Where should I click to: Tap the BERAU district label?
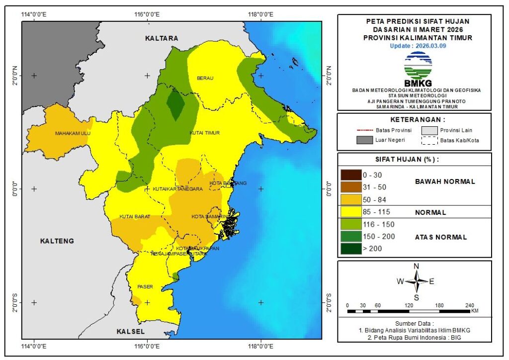point(205,78)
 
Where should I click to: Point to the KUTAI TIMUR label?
point(205,133)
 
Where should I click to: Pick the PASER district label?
point(145,287)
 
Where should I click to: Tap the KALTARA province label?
point(162,38)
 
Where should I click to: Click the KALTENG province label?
point(57,241)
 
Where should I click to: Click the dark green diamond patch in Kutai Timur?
point(175,103)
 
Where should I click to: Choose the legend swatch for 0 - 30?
point(351,175)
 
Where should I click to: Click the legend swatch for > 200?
point(351,249)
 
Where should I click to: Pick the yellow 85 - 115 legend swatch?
point(351,212)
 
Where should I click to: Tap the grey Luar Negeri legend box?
point(364,140)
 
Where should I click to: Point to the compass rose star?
point(416,281)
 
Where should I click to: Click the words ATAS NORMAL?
point(441,237)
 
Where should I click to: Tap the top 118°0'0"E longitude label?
point(260,14)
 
